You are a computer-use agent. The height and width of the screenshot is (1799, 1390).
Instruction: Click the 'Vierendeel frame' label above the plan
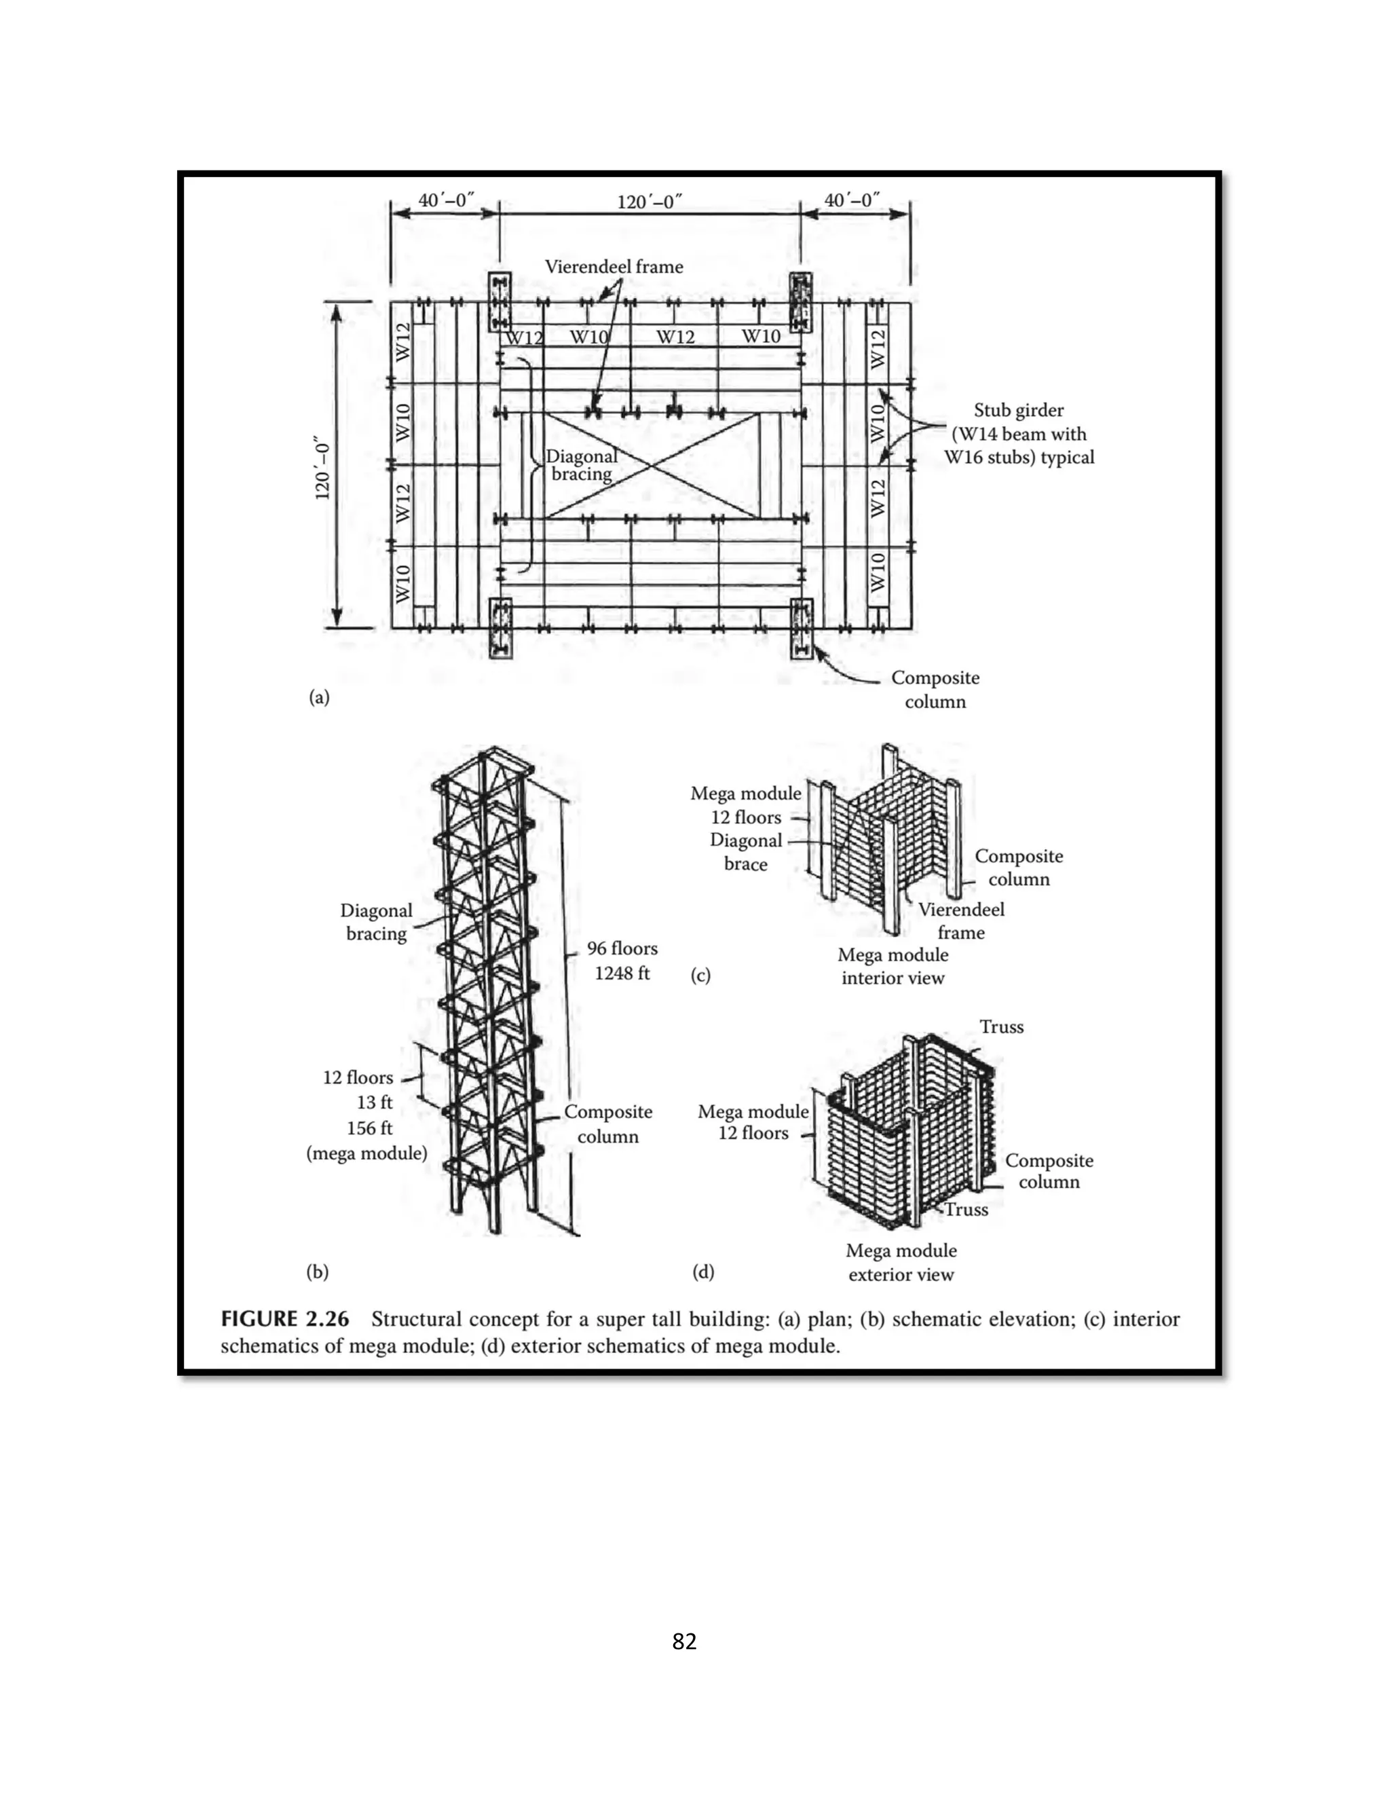[x=614, y=267]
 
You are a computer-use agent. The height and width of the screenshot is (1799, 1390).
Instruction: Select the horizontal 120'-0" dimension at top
[x=650, y=201]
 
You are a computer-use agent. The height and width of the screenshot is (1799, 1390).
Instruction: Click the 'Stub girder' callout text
[x=1019, y=410]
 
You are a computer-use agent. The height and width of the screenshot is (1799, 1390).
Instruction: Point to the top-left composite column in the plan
[x=500, y=303]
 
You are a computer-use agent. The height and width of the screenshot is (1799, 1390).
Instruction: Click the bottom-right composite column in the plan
[x=802, y=629]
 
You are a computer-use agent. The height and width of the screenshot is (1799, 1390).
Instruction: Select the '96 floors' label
[x=622, y=948]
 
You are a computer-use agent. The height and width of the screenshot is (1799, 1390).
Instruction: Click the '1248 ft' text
[x=622, y=973]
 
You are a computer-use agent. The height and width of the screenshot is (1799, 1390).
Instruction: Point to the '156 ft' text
[x=369, y=1128]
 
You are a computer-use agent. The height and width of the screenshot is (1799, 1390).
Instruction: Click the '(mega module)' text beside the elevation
[x=367, y=1153]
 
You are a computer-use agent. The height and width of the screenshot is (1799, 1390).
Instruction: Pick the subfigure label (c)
[x=700, y=976]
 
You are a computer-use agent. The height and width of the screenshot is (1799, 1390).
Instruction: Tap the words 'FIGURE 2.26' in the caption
[x=284, y=1319]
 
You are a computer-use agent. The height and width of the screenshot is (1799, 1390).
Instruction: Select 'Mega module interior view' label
[x=893, y=966]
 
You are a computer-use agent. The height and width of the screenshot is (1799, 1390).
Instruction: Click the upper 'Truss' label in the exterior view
[x=1001, y=1026]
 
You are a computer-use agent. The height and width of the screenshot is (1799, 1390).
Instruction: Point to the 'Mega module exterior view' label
[x=901, y=1262]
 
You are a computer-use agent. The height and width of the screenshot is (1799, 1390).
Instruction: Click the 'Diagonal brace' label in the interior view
[x=746, y=852]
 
